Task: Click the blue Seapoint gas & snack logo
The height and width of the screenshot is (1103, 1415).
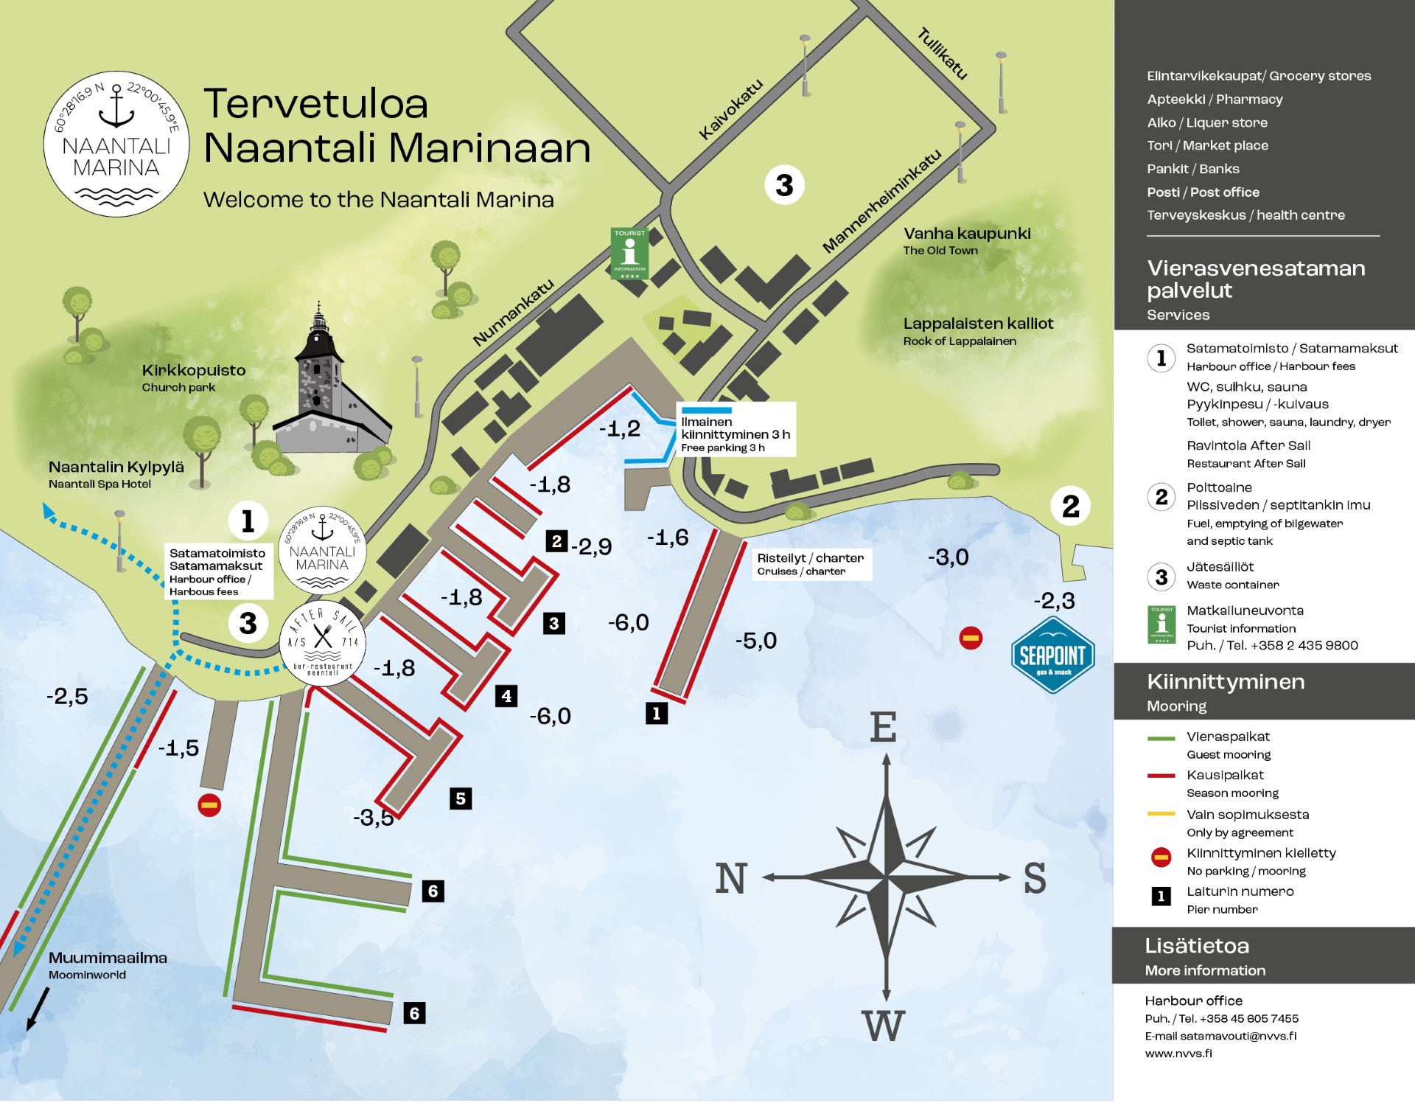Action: tap(1052, 655)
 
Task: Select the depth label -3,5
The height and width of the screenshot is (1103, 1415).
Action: tap(373, 818)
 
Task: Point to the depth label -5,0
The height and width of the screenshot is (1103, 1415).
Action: tap(755, 641)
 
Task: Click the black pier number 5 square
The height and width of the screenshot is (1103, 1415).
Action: tap(461, 798)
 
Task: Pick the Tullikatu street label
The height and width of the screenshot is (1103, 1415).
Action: tap(942, 53)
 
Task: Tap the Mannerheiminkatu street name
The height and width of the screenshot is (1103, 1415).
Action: tap(881, 201)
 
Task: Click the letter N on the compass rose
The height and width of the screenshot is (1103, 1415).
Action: tap(730, 879)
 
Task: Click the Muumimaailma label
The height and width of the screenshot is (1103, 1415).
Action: tap(108, 958)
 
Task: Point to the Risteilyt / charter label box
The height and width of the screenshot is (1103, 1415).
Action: tap(811, 565)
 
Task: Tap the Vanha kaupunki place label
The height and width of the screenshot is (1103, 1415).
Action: tap(967, 234)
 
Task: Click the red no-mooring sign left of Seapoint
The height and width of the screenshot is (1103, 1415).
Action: tap(971, 639)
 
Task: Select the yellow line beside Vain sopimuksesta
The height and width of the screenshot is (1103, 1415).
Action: tap(1161, 815)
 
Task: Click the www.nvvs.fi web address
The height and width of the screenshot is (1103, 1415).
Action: tap(1178, 1054)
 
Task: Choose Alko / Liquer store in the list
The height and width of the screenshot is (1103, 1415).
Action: tap(1206, 122)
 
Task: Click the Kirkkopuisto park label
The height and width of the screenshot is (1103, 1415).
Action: tap(193, 371)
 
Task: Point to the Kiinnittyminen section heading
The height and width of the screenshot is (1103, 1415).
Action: tap(1226, 682)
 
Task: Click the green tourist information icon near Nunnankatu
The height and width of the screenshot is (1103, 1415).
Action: tap(629, 254)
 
